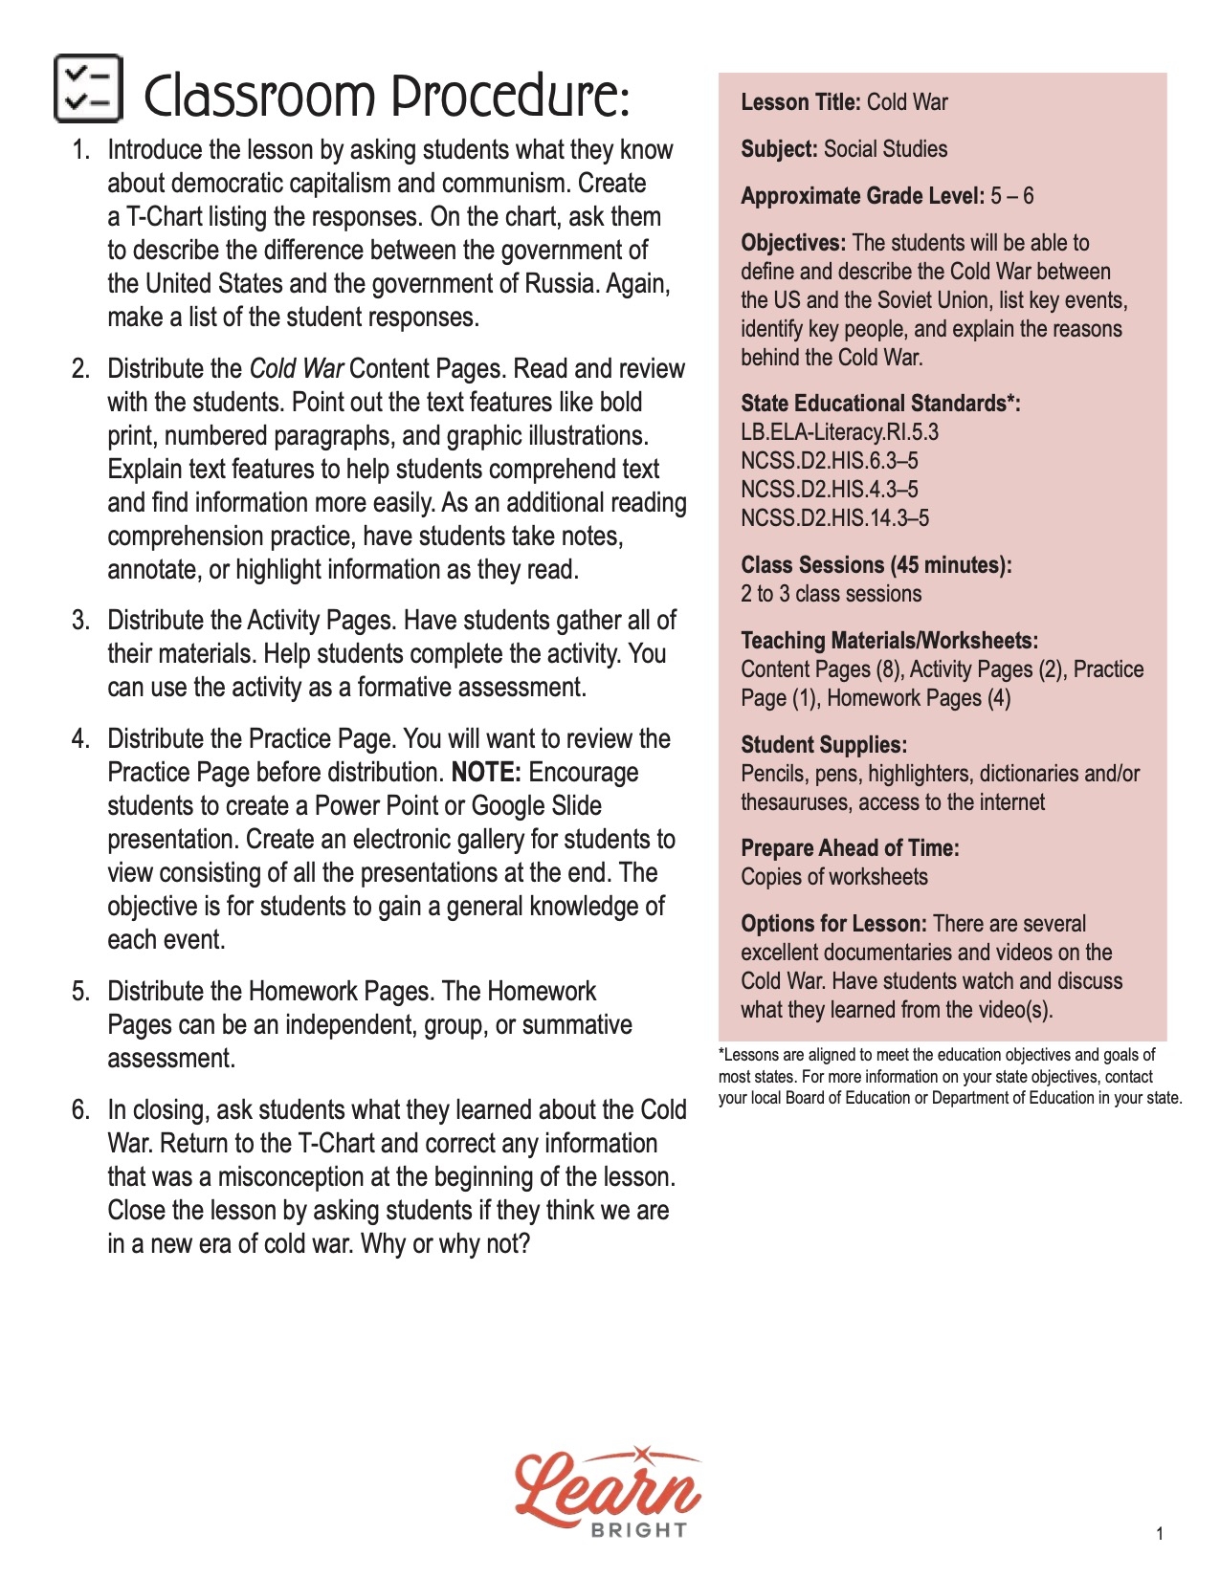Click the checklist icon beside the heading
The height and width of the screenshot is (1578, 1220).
point(88,88)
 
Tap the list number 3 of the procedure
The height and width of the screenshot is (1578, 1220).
point(80,621)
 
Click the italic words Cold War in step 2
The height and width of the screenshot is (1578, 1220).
point(296,369)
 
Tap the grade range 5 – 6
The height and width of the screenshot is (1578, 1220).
point(1012,196)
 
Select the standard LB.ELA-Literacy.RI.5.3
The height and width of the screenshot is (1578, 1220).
point(839,432)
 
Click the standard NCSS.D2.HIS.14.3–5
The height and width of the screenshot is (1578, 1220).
point(834,518)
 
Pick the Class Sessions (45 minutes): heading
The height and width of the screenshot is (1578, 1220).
point(876,565)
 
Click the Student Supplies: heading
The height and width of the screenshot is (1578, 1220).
point(824,745)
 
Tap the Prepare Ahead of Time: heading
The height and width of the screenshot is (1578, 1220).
point(850,848)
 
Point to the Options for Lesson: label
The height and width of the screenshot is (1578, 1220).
point(833,924)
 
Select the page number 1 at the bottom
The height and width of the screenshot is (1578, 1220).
point(1160,1534)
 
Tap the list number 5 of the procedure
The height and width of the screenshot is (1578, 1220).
point(80,992)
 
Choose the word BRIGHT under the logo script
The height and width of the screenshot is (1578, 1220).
point(638,1530)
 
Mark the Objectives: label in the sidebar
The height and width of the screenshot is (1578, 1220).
point(793,243)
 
